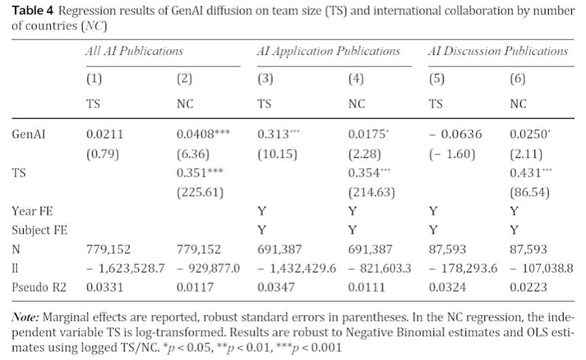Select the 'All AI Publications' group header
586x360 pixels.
130,51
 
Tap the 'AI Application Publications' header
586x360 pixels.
328,51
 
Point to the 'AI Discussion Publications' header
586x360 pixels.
499,51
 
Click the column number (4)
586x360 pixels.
356,79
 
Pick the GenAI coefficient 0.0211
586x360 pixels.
103,134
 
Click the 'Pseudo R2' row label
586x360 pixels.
37,287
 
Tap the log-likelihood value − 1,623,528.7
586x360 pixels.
122,268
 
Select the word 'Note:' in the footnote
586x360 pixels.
26,317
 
